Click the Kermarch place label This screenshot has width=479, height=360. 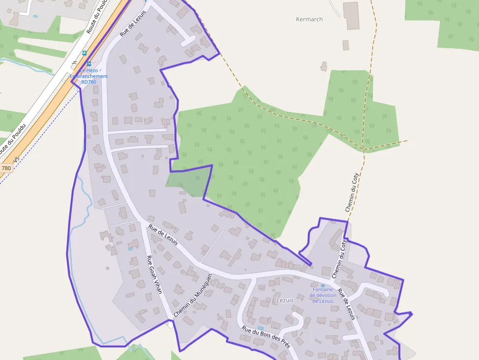(309, 20)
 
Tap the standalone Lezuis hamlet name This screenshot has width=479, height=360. (285, 300)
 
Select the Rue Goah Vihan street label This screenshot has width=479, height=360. (154, 274)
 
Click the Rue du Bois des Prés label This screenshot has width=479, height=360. (266, 338)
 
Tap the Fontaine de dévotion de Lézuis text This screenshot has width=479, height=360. (323, 295)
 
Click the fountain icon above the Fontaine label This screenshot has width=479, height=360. (323, 286)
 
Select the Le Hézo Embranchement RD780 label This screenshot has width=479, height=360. (89, 76)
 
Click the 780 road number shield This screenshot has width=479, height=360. (6, 168)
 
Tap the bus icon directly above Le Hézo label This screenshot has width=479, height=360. (88, 64)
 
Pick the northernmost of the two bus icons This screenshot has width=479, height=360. (85, 53)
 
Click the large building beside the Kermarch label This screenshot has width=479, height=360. (351, 16)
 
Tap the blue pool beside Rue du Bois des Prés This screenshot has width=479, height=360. (261, 328)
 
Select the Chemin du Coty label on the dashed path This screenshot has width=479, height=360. (352, 192)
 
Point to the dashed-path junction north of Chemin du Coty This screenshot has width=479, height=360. (364, 149)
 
